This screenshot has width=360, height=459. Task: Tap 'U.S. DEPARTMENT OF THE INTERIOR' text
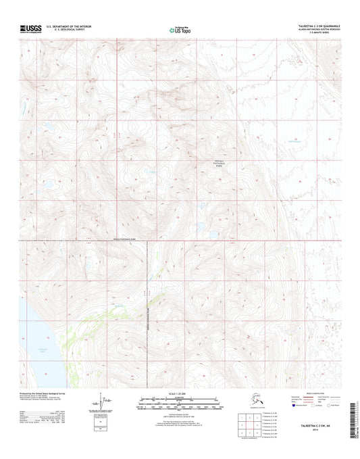pos(76,26)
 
